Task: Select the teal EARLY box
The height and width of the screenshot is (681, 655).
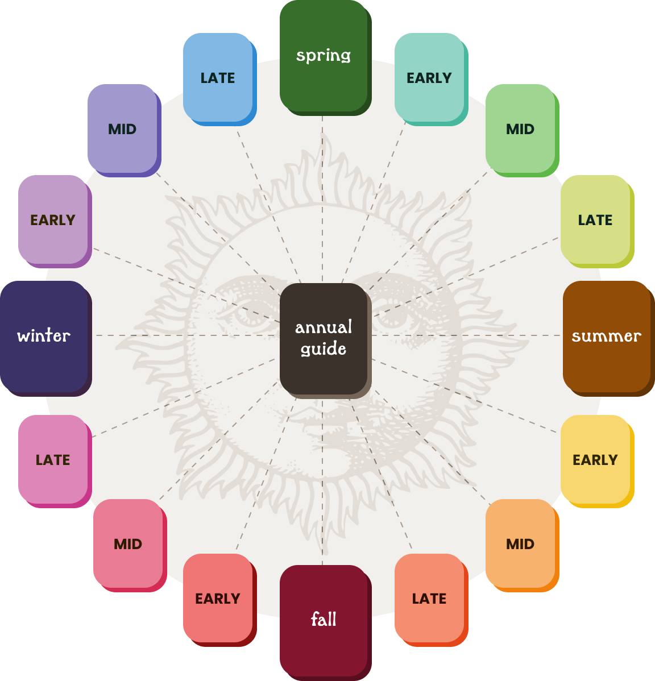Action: point(429,78)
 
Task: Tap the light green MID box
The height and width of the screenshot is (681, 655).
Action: point(520,129)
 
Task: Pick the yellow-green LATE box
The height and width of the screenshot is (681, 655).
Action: point(595,220)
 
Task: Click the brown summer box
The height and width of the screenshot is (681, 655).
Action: point(607,336)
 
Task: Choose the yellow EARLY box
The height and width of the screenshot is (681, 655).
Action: point(595,460)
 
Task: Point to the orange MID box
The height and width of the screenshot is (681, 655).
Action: point(520,544)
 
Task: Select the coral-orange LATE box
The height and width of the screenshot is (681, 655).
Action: point(429,599)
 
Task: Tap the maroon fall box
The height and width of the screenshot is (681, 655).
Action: point(324,620)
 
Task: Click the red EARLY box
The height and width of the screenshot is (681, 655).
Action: point(218,599)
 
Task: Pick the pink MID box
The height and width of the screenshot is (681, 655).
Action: point(128,544)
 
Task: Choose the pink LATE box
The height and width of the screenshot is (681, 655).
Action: point(53,460)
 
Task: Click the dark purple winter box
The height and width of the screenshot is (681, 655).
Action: point(44,336)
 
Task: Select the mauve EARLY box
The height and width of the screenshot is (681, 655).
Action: point(53,220)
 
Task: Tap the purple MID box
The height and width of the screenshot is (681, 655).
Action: point(122,129)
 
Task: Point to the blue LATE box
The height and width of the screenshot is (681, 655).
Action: point(218,78)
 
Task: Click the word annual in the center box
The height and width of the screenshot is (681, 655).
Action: point(324,327)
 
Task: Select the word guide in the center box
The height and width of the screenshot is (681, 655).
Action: point(324,348)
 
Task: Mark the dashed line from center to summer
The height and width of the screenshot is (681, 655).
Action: point(466,335)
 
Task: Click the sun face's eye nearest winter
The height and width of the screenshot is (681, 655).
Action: point(242,312)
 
